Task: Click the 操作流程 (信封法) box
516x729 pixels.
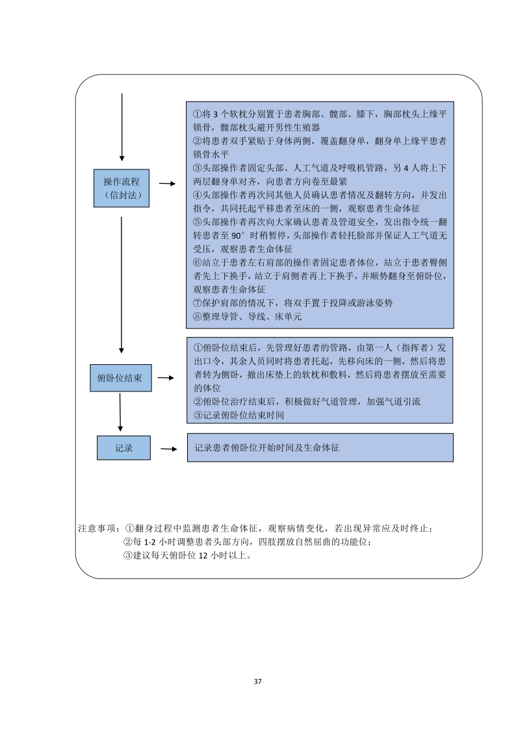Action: pos(122,188)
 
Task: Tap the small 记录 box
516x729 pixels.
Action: pos(123,448)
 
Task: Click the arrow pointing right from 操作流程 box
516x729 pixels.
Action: pos(167,184)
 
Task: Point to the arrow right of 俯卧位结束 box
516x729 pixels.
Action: pos(166,377)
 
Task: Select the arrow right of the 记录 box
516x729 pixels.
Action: pos(168,449)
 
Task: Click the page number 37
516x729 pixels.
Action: pos(258,682)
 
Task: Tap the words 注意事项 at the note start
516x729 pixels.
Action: pos(97,528)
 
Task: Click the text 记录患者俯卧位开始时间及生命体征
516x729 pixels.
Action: pos(267,448)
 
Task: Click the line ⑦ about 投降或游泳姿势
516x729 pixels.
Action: pos(292,303)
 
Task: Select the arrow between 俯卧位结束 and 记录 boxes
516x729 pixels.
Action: pos(120,412)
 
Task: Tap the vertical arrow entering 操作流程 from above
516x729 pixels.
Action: pos(122,128)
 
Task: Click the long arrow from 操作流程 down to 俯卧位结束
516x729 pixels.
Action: pos(122,286)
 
